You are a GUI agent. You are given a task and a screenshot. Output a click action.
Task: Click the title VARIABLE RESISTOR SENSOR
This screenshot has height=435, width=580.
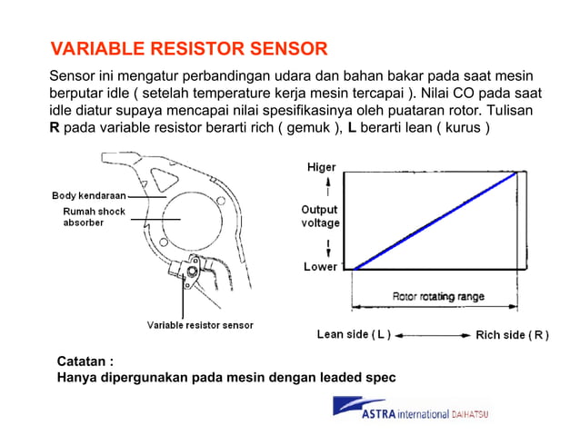pyautogui.click(x=188, y=48)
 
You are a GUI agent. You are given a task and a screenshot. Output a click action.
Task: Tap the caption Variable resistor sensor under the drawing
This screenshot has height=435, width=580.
pyautogui.click(x=200, y=325)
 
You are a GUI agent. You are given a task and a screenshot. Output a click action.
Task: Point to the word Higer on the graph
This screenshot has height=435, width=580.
pyautogui.click(x=320, y=167)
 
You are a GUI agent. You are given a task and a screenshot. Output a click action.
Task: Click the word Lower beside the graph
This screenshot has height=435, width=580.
pyautogui.click(x=321, y=268)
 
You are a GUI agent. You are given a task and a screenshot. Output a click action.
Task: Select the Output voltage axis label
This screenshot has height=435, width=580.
pyautogui.click(x=320, y=216)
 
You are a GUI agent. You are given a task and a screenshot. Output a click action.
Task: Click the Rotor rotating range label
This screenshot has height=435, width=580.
pyautogui.click(x=438, y=296)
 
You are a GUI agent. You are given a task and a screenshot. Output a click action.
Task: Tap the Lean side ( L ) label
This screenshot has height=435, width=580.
pyautogui.click(x=353, y=334)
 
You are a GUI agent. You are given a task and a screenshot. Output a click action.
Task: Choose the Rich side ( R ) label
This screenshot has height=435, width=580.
pyautogui.click(x=512, y=335)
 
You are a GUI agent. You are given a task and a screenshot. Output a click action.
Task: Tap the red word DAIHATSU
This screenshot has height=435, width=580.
pyautogui.click(x=470, y=415)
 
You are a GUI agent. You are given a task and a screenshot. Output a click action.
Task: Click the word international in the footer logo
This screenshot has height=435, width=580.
pyautogui.click(x=425, y=416)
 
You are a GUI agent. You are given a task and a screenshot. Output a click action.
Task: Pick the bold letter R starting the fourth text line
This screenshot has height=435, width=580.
pyautogui.click(x=55, y=127)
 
